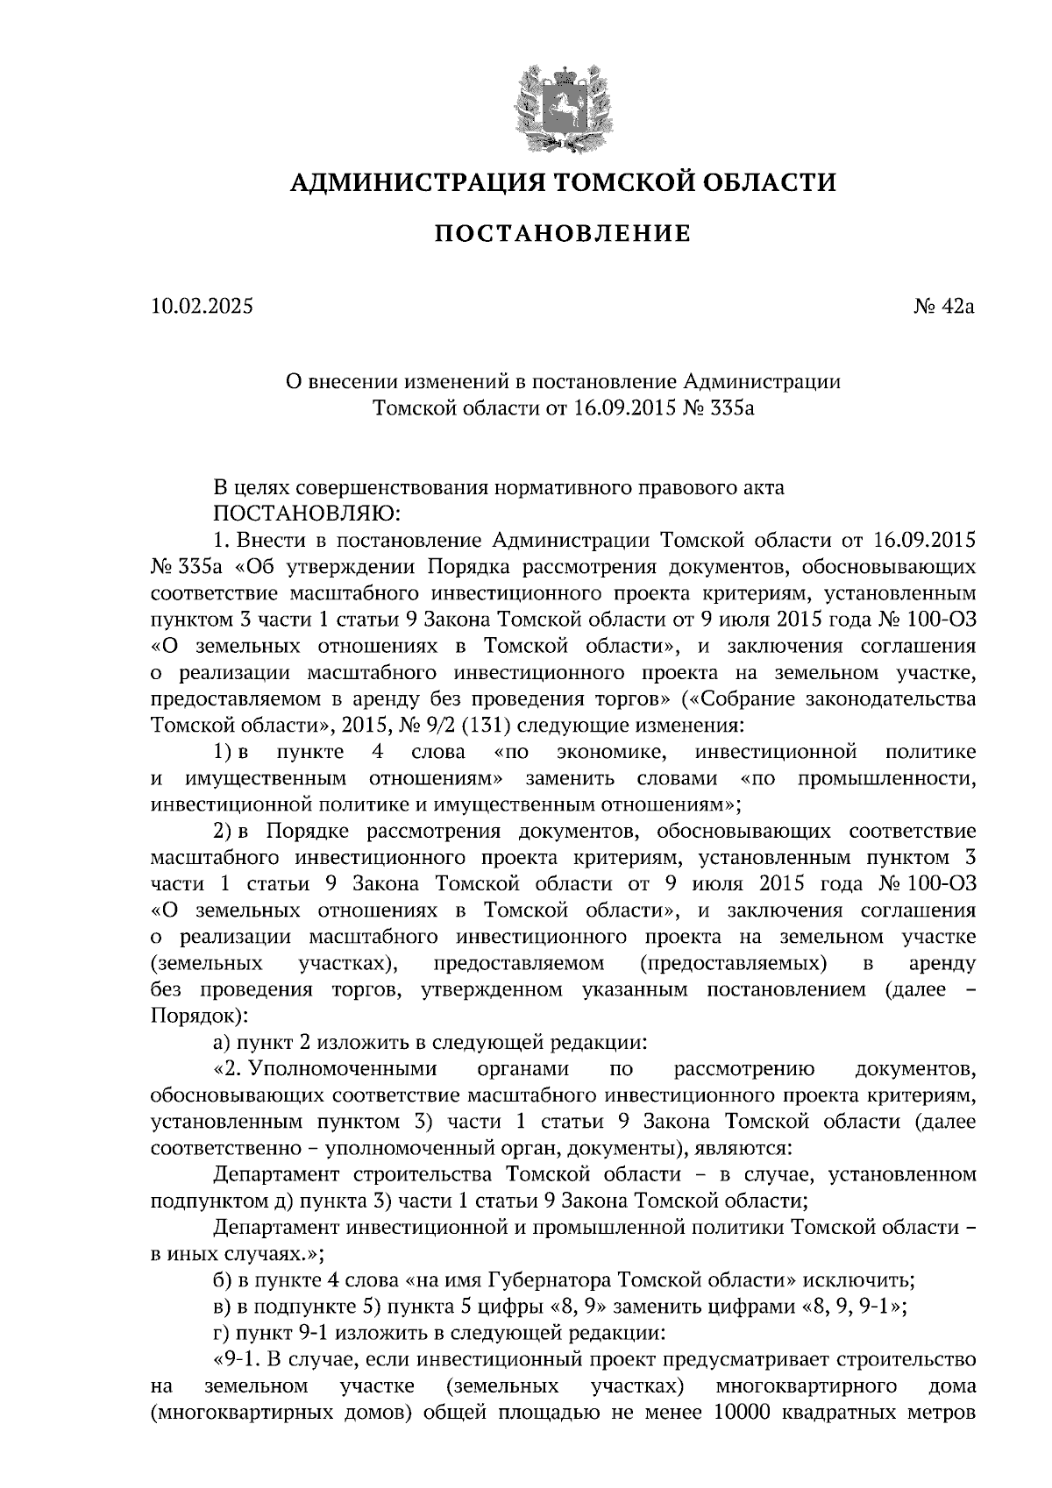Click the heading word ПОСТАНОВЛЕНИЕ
click(x=563, y=234)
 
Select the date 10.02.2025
click(x=202, y=308)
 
